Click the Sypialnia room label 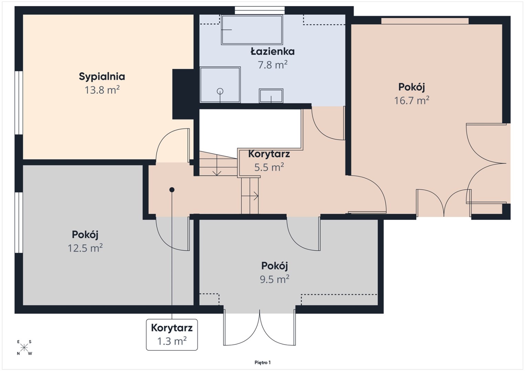(102, 77)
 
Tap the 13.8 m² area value (102, 90)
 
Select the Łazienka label (272, 51)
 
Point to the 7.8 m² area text (272, 65)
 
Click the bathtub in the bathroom (252, 30)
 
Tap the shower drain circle (220, 91)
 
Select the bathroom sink (271, 95)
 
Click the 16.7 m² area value (411, 100)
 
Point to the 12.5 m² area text (85, 248)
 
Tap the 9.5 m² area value (275, 279)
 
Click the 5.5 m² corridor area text (269, 167)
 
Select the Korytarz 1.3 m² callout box (172, 335)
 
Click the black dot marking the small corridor (172, 190)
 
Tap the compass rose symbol (24, 348)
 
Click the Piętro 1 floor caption (262, 362)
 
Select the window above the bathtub (260, 11)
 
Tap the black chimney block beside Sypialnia (183, 94)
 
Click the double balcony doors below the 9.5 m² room (259, 329)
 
